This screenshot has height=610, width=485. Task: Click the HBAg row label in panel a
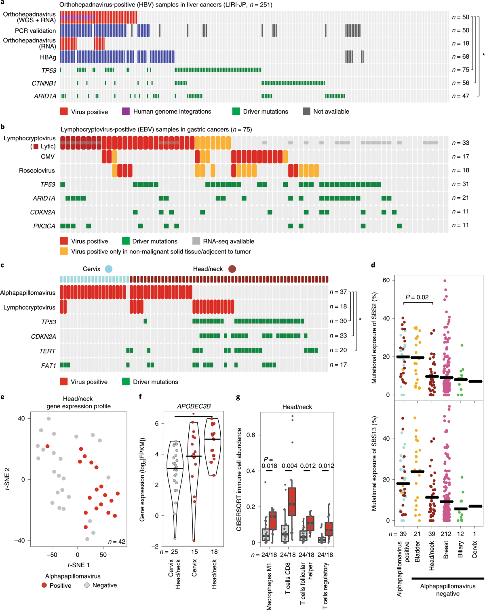pyautogui.click(x=48, y=57)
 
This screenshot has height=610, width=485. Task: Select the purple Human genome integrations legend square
pyautogui.click(x=126, y=112)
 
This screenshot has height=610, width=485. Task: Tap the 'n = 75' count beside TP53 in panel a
pyautogui.click(x=460, y=70)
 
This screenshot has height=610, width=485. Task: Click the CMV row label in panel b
pyautogui.click(x=48, y=156)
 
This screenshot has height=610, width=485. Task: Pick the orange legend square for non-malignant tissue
pyautogui.click(x=64, y=251)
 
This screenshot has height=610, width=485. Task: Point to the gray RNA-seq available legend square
pyautogui.click(x=196, y=241)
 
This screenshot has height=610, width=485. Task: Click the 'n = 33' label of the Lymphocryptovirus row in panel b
pyautogui.click(x=460, y=143)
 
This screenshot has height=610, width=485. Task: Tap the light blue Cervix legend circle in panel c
pyautogui.click(x=108, y=269)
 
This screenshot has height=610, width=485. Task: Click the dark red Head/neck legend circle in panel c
pyautogui.click(x=232, y=269)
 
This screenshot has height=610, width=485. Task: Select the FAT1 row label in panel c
pyautogui.click(x=48, y=365)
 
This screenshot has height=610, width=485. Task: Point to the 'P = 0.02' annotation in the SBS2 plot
pyautogui.click(x=417, y=297)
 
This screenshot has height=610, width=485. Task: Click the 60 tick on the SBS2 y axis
pyautogui.click(x=386, y=280)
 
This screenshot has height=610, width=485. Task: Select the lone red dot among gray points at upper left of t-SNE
pyautogui.click(x=47, y=446)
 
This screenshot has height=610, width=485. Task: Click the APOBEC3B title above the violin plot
pyautogui.click(x=194, y=406)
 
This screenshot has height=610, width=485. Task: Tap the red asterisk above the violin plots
pyautogui.click(x=194, y=414)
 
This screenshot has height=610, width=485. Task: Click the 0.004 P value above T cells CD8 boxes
pyautogui.click(x=289, y=466)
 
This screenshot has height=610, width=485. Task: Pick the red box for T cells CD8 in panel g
pyautogui.click(x=292, y=501)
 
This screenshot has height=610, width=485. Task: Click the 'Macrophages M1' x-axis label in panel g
pyautogui.click(x=269, y=586)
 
